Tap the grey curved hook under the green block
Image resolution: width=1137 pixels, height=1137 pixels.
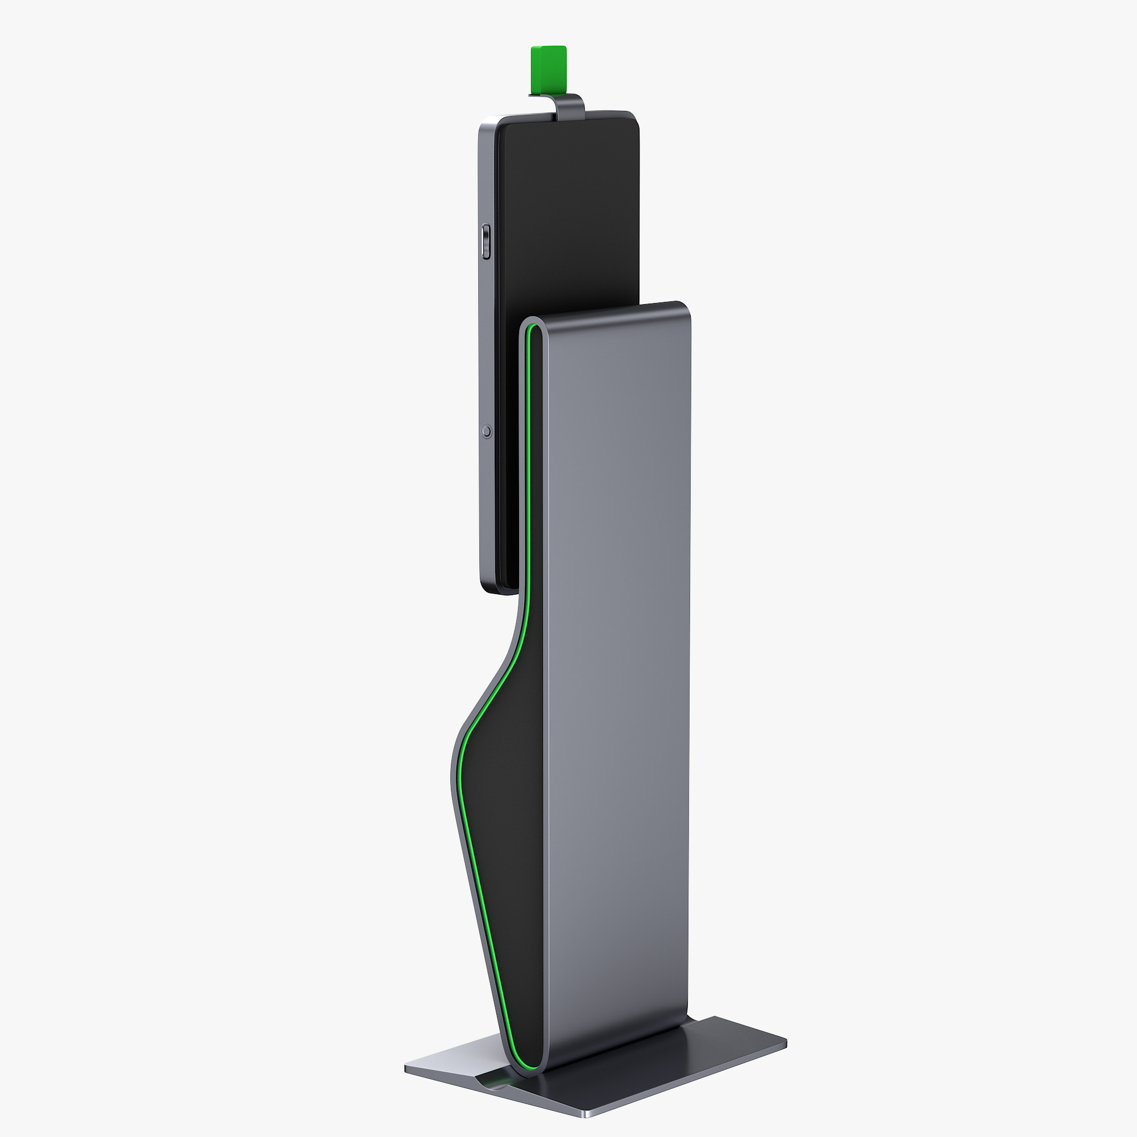click(x=568, y=105)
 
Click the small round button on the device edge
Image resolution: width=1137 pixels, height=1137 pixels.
click(x=486, y=431)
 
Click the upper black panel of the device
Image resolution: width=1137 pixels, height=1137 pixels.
click(x=568, y=206)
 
